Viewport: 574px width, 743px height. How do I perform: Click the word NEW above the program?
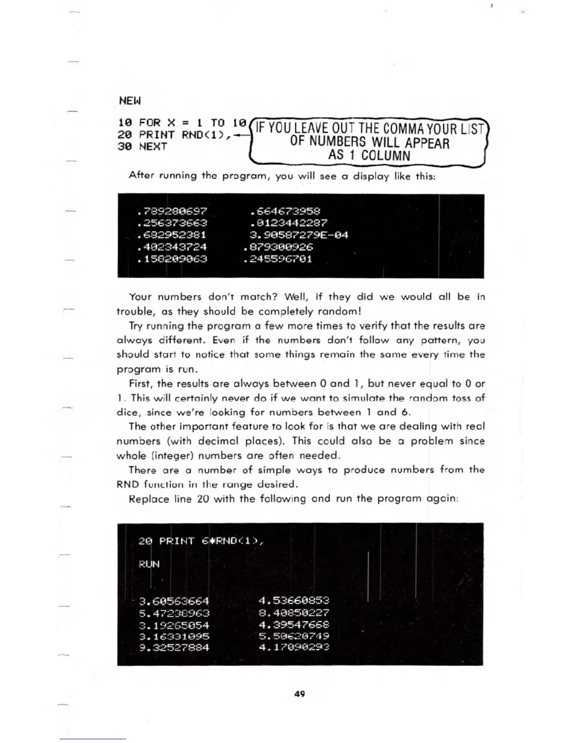tap(129, 101)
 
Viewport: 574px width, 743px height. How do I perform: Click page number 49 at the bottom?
tap(300, 694)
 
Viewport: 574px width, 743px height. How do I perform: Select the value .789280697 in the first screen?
tap(172, 212)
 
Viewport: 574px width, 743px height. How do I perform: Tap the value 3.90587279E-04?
tap(299, 235)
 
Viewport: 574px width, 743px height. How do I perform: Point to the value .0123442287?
tap(289, 223)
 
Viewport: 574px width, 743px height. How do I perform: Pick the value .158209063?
tap(172, 259)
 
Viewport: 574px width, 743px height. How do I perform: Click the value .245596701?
tap(278, 259)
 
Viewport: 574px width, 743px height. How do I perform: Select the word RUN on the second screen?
tap(149, 564)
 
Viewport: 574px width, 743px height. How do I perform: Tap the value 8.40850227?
tap(294, 613)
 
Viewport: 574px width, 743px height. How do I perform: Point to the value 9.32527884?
tap(174, 648)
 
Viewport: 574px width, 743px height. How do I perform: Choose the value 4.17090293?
tap(294, 647)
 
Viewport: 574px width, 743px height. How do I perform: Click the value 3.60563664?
tap(174, 601)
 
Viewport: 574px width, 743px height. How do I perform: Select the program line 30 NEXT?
tap(143, 146)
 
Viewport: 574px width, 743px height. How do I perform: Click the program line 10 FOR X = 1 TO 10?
tap(182, 123)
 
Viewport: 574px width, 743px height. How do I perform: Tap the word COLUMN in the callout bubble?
tap(386, 156)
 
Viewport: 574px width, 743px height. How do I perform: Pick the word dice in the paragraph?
tap(128, 413)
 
